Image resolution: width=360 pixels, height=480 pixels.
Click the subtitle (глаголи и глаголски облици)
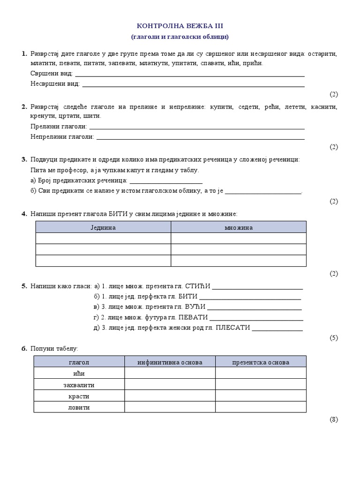[x=180, y=37]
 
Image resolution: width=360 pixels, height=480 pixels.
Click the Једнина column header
[x=103, y=227]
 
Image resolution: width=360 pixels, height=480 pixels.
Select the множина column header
[x=238, y=227]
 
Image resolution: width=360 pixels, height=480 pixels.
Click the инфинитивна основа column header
[x=170, y=362]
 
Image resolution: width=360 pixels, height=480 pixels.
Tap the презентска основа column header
[x=261, y=362]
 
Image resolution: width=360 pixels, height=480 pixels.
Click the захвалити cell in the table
[x=79, y=385]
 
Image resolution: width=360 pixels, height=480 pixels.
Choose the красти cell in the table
[x=79, y=396]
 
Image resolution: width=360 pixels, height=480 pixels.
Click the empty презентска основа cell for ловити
[x=261, y=407]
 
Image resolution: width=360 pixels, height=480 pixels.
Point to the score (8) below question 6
[x=333, y=420]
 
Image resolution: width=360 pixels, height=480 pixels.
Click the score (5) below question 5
[x=333, y=338]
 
